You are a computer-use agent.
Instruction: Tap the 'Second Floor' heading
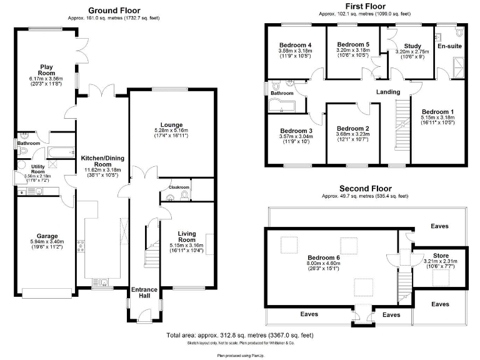coord(365,188)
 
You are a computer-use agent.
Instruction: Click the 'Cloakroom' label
coord(179,187)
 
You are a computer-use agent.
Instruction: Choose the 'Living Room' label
coord(187,236)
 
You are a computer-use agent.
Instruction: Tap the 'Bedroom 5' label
coord(353,44)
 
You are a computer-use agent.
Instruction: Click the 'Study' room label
coord(412,46)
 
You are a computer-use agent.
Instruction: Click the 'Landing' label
coord(387,92)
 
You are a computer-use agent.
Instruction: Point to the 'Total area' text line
coord(240,336)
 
